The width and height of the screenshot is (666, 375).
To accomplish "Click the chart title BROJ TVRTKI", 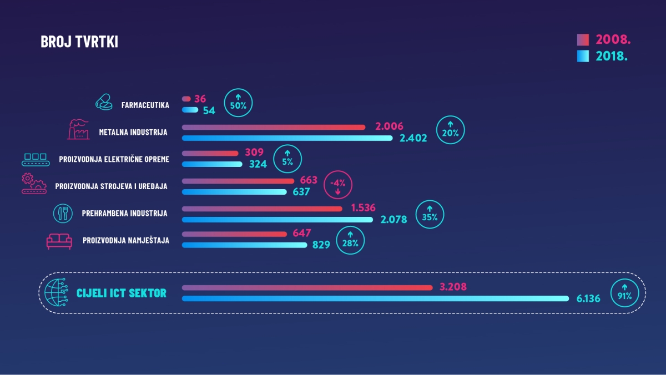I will (x=79, y=42).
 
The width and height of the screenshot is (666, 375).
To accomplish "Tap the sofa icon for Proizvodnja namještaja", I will (x=59, y=241).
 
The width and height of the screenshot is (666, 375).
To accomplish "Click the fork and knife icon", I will (x=63, y=212).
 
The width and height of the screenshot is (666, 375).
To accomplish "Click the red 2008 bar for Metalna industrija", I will (x=274, y=127).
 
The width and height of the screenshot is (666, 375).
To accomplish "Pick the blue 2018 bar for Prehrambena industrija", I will (x=277, y=219).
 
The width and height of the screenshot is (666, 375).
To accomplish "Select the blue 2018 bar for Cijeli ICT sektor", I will (x=375, y=298).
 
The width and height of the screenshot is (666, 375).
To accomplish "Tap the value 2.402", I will (x=413, y=138).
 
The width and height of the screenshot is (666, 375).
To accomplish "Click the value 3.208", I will (x=453, y=287).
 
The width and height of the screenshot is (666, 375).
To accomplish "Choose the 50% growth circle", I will (x=239, y=103).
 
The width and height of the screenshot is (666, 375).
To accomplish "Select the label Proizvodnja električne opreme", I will (x=114, y=160).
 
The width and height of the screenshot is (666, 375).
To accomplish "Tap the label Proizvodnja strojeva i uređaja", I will (x=111, y=186).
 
